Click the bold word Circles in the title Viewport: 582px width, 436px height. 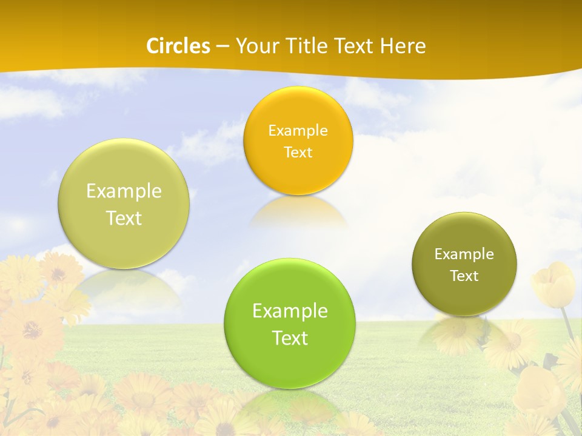[x=178, y=46]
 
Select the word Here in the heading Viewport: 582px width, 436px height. [x=403, y=46]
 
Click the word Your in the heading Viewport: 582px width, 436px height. [x=256, y=46]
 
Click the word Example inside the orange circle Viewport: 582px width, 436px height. [x=298, y=130]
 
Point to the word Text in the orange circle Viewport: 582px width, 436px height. [x=298, y=152]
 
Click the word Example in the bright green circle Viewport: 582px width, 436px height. [x=290, y=311]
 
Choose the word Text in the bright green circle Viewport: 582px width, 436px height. [x=290, y=338]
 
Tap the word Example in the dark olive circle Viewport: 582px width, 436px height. [x=464, y=254]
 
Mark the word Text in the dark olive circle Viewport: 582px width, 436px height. [x=464, y=276]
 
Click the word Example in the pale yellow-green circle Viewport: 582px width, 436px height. [x=124, y=191]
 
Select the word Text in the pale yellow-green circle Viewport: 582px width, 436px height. [x=124, y=218]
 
